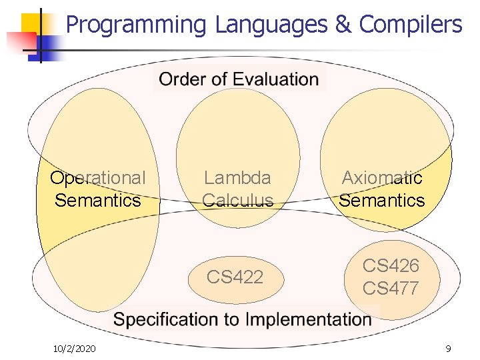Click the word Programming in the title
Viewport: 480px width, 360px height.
[137, 25]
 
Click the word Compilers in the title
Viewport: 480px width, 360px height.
[410, 25]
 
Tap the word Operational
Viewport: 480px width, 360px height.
[98, 178]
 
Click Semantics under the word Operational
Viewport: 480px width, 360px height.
[98, 200]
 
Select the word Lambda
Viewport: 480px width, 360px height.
[238, 178]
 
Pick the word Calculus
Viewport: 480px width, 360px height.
[238, 200]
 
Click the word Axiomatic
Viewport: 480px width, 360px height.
[382, 178]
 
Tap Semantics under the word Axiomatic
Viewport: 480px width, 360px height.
[382, 200]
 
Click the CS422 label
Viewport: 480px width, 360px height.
[235, 277]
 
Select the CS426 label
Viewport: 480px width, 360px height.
[391, 265]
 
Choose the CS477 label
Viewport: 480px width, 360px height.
[391, 288]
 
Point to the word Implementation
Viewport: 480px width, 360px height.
[309, 319]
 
